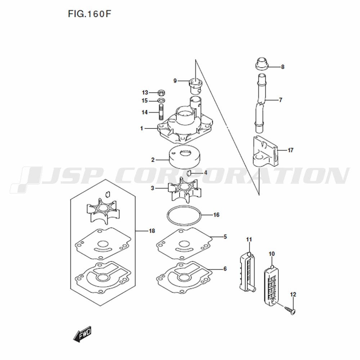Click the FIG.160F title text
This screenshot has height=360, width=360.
coord(90,14)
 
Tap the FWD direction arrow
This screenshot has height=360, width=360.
coord(82,334)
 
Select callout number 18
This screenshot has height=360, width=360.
coord(152,231)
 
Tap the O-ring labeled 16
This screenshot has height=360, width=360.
coord(184,215)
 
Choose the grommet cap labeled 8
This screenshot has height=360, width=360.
coord(262,63)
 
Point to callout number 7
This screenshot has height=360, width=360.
coord(280,100)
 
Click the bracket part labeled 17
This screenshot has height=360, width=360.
coord(266,152)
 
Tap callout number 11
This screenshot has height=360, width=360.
coord(249,239)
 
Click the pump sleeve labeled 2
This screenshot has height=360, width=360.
coord(185,157)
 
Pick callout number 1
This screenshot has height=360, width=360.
coord(141,129)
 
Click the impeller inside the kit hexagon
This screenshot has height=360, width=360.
coord(103,211)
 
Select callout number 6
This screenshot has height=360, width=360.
coord(225,269)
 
